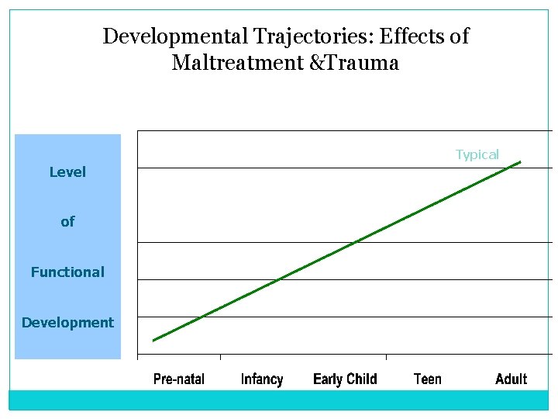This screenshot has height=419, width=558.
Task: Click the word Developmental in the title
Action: tap(161, 36)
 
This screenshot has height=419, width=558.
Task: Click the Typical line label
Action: tap(477, 154)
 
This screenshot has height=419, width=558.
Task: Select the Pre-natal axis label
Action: tap(179, 379)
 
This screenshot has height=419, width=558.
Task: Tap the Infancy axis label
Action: tap(262, 379)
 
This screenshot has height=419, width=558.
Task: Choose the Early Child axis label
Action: tap(345, 379)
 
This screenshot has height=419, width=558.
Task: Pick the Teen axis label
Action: tap(428, 379)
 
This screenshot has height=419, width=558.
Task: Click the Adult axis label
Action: tap(511, 379)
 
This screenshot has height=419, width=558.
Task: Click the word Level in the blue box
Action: tap(67, 172)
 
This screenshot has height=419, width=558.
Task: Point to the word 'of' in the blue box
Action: tap(67, 222)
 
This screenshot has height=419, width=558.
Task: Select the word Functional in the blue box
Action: tap(67, 272)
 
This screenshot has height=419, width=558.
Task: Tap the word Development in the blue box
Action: tap(67, 323)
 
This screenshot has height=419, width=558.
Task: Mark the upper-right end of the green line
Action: tap(520, 161)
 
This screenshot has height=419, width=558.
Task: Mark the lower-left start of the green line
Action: tap(153, 340)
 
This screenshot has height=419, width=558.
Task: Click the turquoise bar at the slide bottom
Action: tap(278, 400)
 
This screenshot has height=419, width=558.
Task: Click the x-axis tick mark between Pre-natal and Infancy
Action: tap(221, 357)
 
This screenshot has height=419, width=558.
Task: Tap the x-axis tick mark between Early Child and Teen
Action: tap(386, 357)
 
